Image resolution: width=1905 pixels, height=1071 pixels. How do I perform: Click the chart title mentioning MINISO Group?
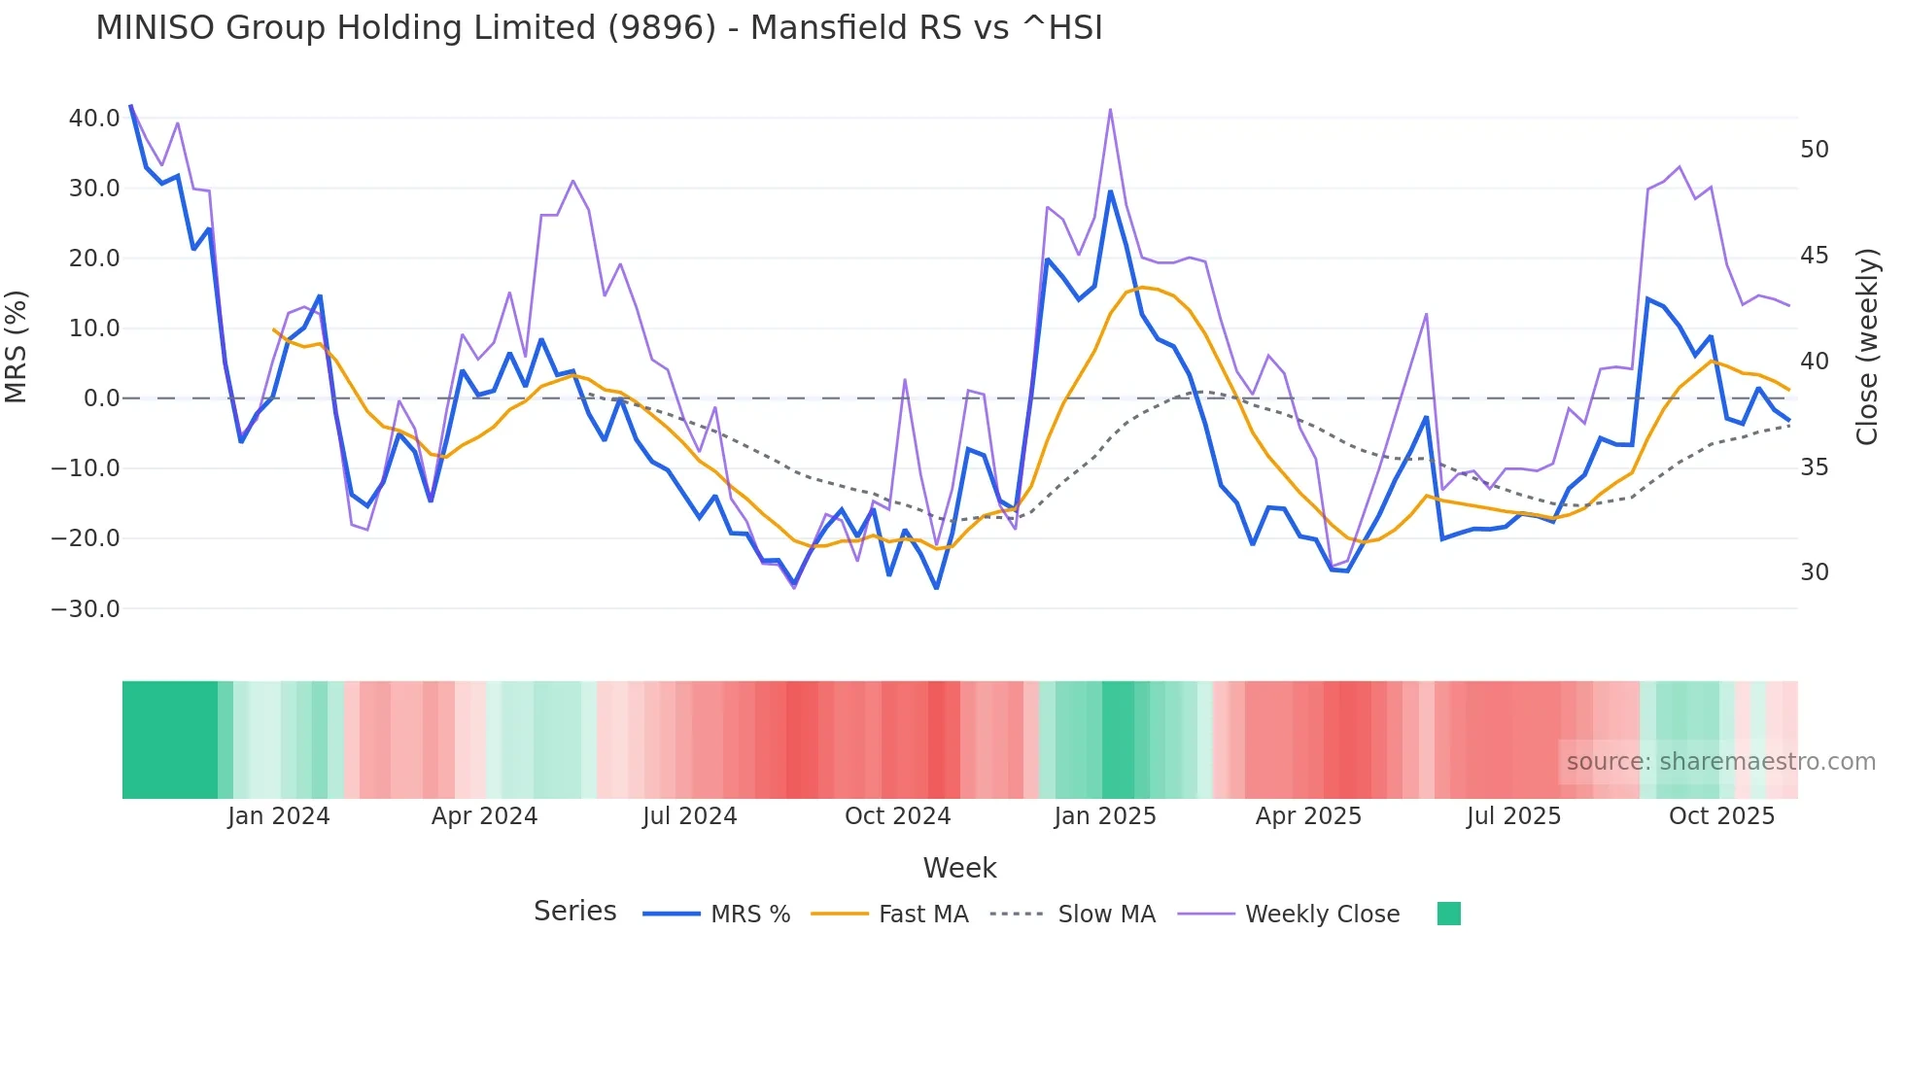click(x=599, y=28)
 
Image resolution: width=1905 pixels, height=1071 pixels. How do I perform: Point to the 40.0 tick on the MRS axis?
click(x=94, y=119)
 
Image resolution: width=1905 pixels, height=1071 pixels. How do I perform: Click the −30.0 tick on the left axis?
click(x=86, y=609)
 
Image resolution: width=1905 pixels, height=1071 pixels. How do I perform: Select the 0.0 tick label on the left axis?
click(x=102, y=398)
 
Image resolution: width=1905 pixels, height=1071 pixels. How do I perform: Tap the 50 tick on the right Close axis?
click(x=1814, y=150)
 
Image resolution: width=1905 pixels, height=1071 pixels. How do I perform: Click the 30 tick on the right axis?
click(x=1814, y=572)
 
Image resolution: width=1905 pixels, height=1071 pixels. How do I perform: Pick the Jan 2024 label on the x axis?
click(x=279, y=816)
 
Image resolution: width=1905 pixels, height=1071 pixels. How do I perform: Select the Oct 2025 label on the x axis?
click(x=1721, y=816)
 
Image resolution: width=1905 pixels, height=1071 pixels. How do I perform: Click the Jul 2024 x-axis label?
click(x=689, y=816)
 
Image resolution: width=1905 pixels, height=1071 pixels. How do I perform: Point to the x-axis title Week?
click(x=959, y=868)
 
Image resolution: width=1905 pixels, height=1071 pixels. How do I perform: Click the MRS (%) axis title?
click(x=17, y=347)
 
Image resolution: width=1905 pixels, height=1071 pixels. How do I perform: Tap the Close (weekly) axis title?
click(x=1867, y=347)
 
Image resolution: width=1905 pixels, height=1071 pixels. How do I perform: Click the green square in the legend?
click(x=1448, y=914)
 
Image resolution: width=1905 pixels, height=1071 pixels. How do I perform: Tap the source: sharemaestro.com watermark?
click(x=1720, y=762)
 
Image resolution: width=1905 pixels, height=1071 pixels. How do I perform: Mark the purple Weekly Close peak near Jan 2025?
click(x=1110, y=110)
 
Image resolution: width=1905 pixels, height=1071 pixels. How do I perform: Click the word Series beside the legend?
click(x=574, y=912)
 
